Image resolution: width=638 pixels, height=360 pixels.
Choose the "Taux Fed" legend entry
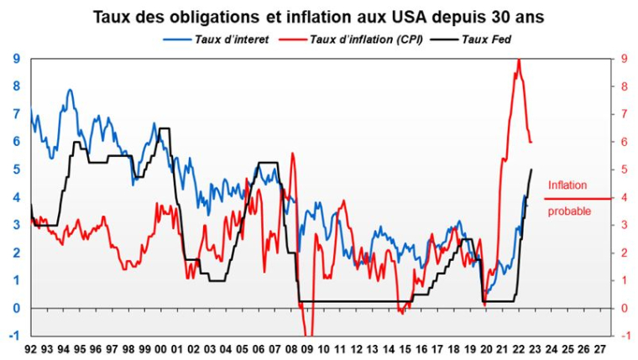[x=485, y=39]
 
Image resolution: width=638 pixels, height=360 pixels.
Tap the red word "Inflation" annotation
[x=567, y=185]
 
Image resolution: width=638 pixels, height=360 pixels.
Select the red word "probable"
[x=569, y=211]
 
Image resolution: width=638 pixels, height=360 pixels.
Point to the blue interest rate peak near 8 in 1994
[x=70, y=89]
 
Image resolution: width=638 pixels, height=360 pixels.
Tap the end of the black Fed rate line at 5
[x=531, y=170]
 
